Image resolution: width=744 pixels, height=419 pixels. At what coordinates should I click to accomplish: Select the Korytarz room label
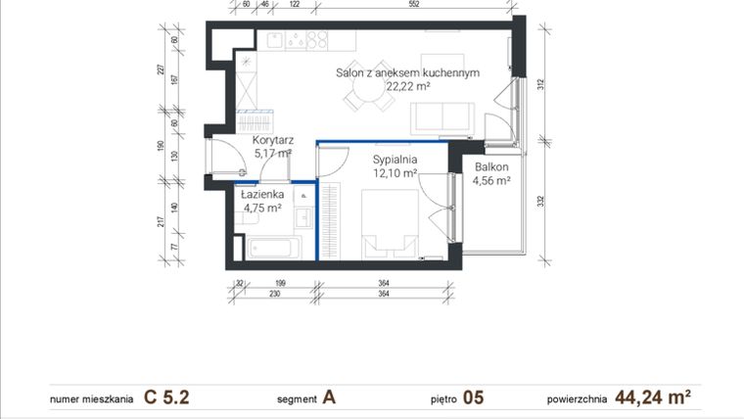(273, 140)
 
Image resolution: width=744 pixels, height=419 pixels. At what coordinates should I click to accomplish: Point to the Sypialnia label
(395, 160)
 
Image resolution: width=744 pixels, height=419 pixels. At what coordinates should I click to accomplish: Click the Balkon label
(490, 166)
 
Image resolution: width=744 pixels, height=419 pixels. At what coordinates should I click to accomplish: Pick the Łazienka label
(262, 194)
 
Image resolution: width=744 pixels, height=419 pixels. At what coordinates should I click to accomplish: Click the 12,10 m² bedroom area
(395, 173)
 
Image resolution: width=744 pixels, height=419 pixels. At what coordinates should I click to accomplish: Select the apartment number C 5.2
(166, 397)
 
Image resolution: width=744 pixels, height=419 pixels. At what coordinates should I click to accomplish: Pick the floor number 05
(473, 397)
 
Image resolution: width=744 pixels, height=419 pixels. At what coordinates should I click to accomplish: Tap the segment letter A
(329, 397)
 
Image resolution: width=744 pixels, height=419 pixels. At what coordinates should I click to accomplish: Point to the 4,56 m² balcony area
(490, 180)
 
